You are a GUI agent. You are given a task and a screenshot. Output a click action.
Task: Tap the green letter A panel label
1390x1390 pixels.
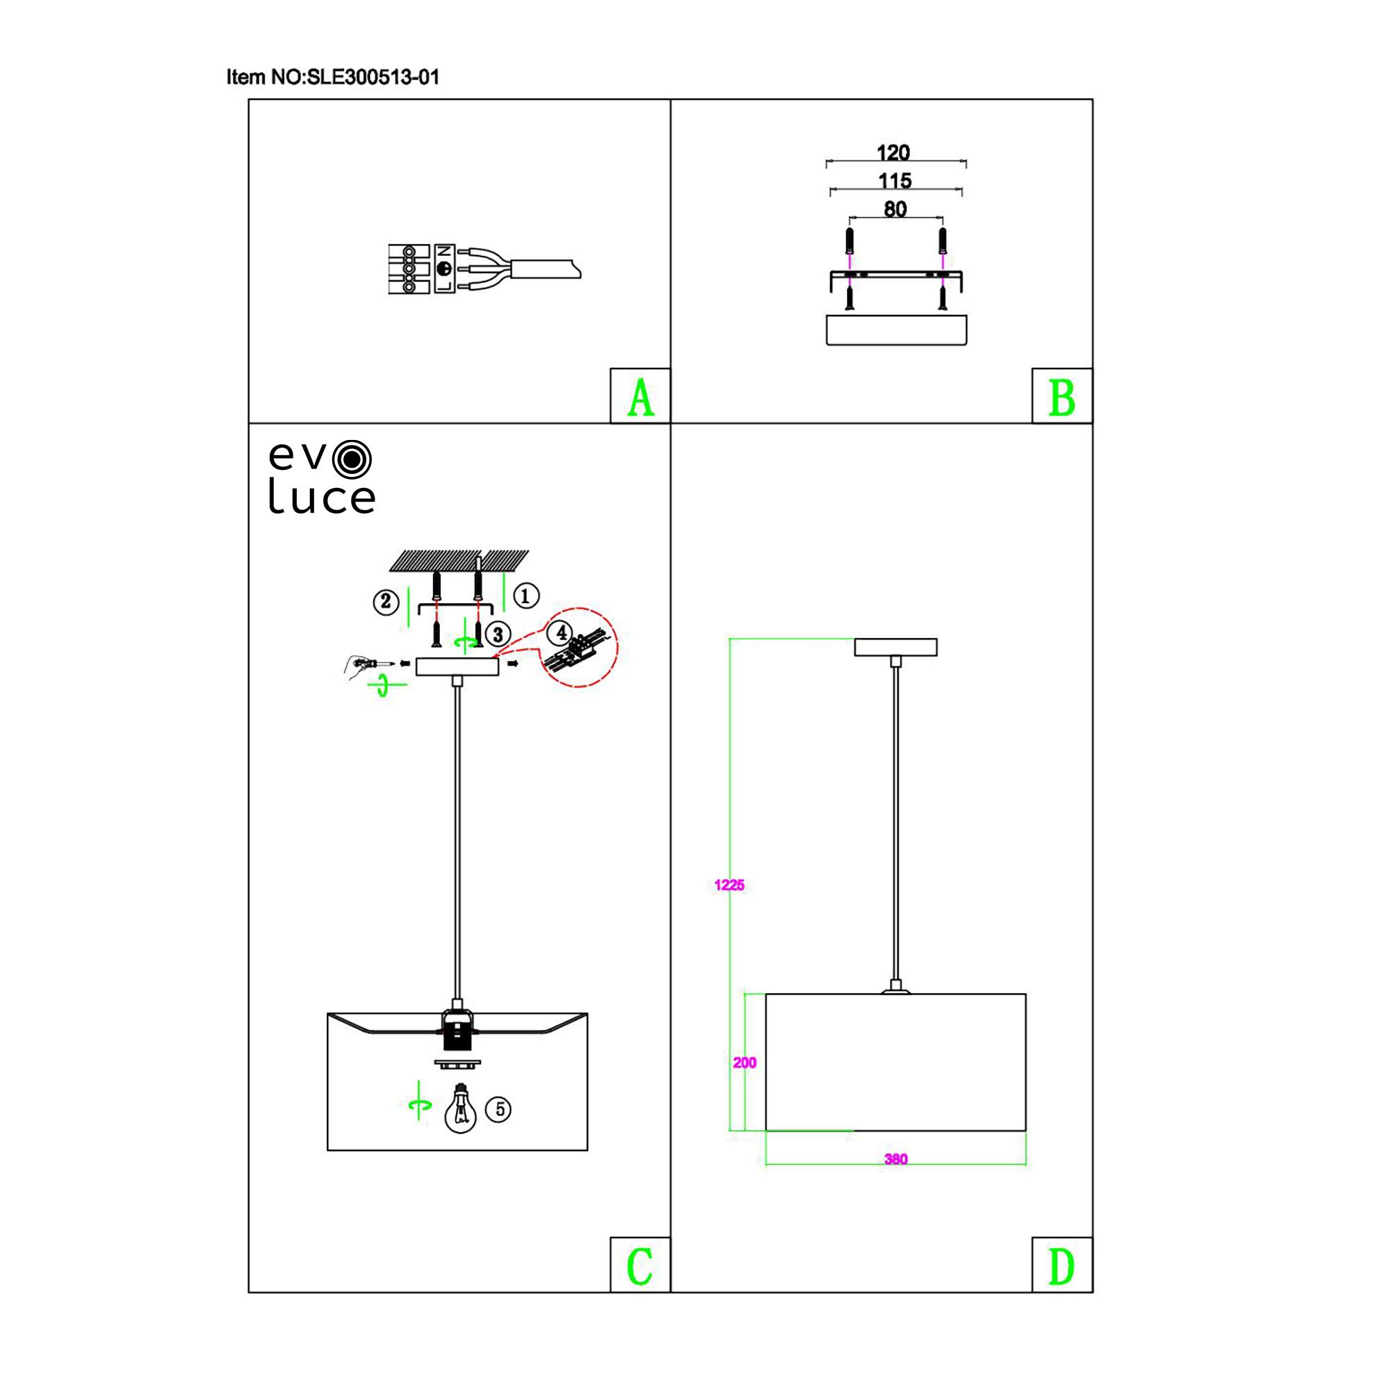click(x=639, y=397)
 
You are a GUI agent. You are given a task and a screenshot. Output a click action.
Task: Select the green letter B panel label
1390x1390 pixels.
click(x=1062, y=397)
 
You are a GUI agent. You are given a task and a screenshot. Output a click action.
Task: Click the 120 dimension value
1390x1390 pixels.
click(x=894, y=152)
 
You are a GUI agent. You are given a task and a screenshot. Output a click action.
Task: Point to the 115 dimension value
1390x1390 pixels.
click(x=895, y=181)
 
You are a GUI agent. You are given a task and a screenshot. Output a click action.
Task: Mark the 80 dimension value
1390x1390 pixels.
click(x=895, y=209)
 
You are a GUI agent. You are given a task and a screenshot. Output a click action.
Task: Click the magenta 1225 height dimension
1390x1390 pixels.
click(x=730, y=885)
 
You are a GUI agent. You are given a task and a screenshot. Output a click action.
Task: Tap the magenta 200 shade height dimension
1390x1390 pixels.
click(x=744, y=1063)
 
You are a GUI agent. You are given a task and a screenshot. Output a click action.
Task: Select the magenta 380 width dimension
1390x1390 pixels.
click(x=896, y=1159)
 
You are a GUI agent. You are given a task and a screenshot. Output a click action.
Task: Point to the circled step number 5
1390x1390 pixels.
click(x=498, y=1109)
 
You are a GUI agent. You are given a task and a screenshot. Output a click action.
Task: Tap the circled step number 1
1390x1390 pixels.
click(x=526, y=596)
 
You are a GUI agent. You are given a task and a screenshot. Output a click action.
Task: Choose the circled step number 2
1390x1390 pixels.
click(x=386, y=601)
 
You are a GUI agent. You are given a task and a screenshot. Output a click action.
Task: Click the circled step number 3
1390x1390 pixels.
click(x=498, y=634)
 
